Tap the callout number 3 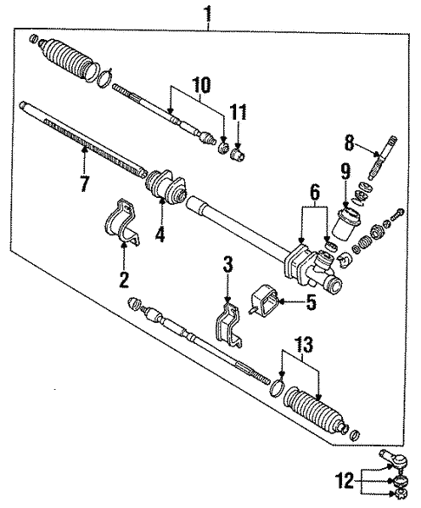click(227, 264)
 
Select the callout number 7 click(83, 184)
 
